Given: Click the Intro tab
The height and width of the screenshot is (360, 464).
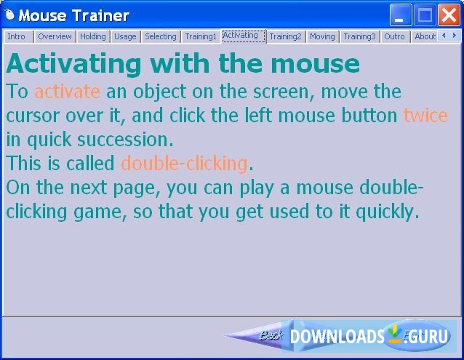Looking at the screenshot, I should click(16, 36).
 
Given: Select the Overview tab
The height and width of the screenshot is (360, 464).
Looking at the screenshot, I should click(55, 36).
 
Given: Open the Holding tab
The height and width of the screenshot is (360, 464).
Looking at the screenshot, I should click(92, 36).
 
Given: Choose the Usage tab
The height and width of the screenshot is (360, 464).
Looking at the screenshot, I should click(125, 36).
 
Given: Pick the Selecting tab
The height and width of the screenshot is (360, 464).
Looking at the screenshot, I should click(160, 36).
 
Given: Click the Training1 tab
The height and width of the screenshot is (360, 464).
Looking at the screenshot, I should click(201, 36).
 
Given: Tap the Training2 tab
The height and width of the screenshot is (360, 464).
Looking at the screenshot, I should click(285, 36).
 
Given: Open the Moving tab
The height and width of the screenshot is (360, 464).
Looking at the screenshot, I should click(322, 36).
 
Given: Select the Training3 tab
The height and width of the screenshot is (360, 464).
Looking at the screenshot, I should click(359, 36).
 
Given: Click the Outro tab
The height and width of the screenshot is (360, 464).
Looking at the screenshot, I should click(394, 36).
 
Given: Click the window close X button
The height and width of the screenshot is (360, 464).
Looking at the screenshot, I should click(448, 15).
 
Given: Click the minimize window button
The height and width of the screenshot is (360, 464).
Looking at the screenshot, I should click(400, 15).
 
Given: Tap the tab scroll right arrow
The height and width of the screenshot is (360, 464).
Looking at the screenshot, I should click(453, 36).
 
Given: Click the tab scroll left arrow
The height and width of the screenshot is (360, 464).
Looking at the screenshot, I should click(443, 36).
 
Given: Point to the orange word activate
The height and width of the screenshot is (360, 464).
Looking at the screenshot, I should click(67, 92).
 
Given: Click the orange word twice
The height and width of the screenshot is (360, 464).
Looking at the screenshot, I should click(425, 116).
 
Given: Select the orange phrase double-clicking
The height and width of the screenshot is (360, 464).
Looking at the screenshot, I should click(184, 163).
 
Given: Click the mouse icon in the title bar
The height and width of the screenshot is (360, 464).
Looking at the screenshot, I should click(9, 15).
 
